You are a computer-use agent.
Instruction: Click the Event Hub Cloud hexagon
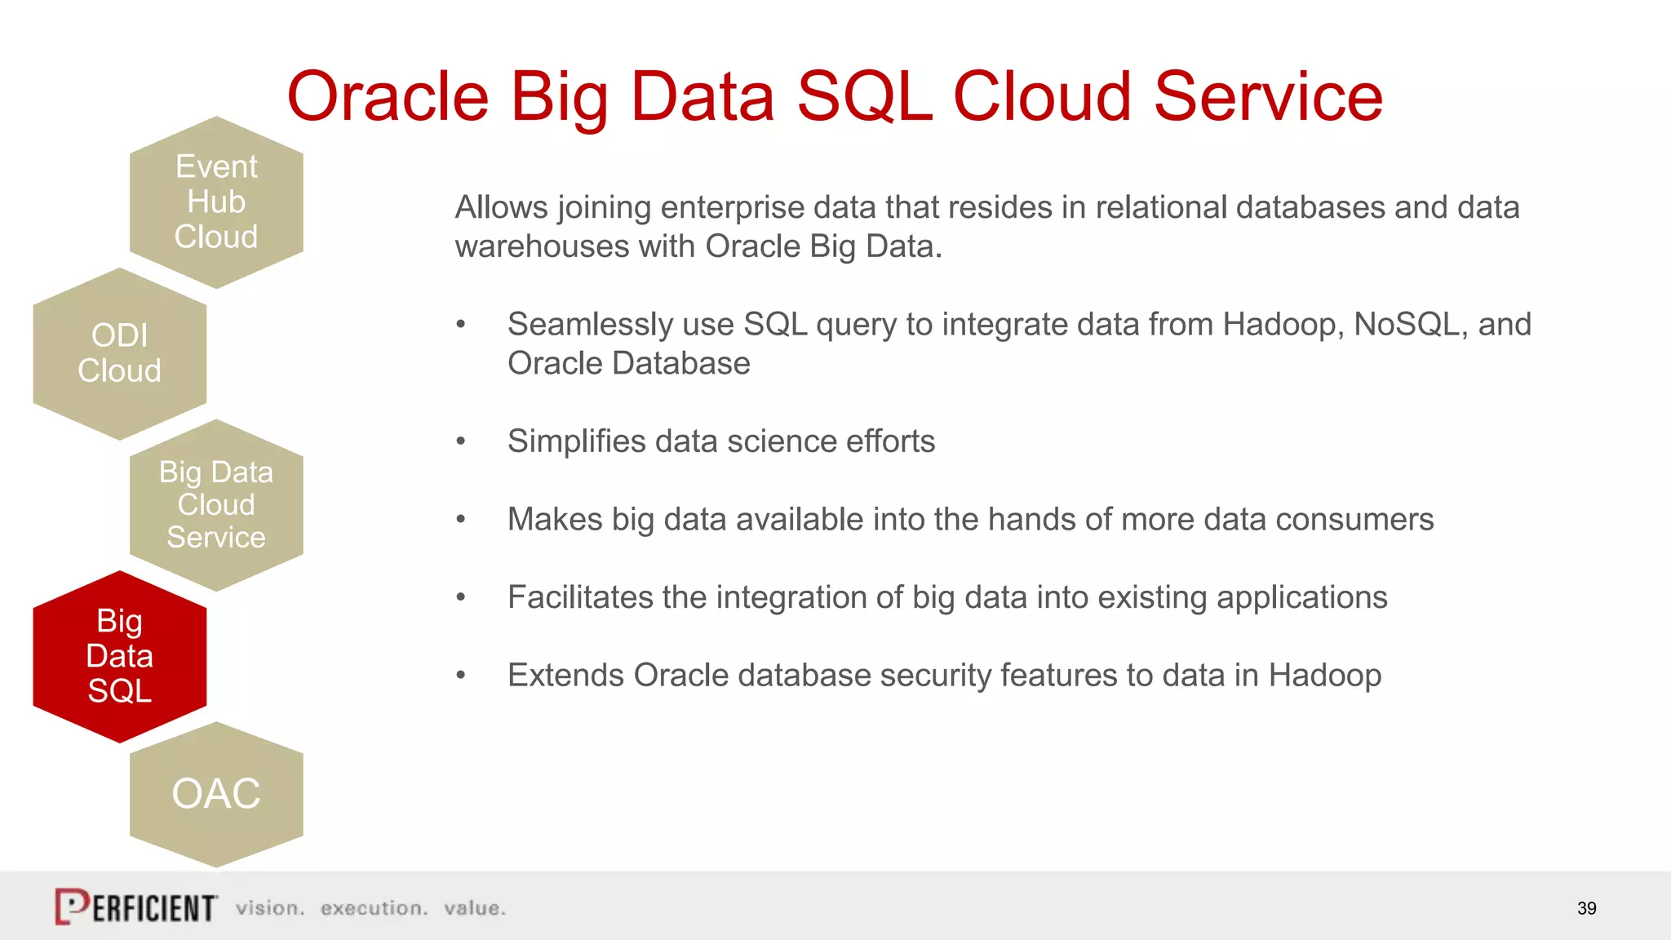point(216,202)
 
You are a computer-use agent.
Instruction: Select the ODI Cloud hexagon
point(119,353)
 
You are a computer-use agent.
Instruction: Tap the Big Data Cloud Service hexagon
point(216,505)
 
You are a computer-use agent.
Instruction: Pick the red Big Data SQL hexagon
point(119,656)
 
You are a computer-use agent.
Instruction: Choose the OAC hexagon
point(216,794)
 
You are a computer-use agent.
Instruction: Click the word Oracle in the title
point(388,97)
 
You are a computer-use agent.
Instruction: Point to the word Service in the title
point(1268,97)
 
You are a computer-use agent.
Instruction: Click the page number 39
point(1586,908)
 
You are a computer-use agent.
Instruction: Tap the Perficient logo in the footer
point(135,907)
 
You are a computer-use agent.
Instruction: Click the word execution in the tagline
point(374,908)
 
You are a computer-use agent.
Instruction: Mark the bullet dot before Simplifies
point(461,441)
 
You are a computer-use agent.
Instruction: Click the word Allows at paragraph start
point(501,208)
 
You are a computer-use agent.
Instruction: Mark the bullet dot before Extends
point(461,676)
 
